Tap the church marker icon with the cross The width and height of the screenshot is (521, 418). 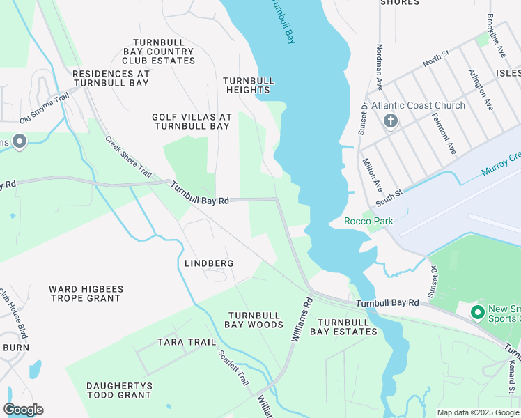(391, 121)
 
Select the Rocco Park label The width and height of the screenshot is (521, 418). (368, 221)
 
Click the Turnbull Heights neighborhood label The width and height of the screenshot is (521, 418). (248, 85)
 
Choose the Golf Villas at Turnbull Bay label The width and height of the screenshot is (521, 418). (192, 121)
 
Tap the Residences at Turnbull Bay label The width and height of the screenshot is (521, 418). (111, 78)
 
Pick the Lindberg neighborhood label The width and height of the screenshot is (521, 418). (209, 263)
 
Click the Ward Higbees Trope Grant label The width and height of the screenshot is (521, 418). (85, 293)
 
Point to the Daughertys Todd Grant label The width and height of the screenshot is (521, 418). (118, 390)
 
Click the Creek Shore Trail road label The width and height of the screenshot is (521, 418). (128, 156)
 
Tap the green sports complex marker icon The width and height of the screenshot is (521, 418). (478, 311)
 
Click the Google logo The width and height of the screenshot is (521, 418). (23, 410)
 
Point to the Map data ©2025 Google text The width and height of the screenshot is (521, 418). (477, 412)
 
